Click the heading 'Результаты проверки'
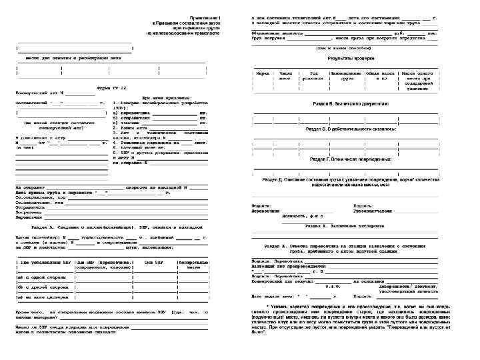tap(345, 58)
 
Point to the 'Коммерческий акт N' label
tap(41, 93)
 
